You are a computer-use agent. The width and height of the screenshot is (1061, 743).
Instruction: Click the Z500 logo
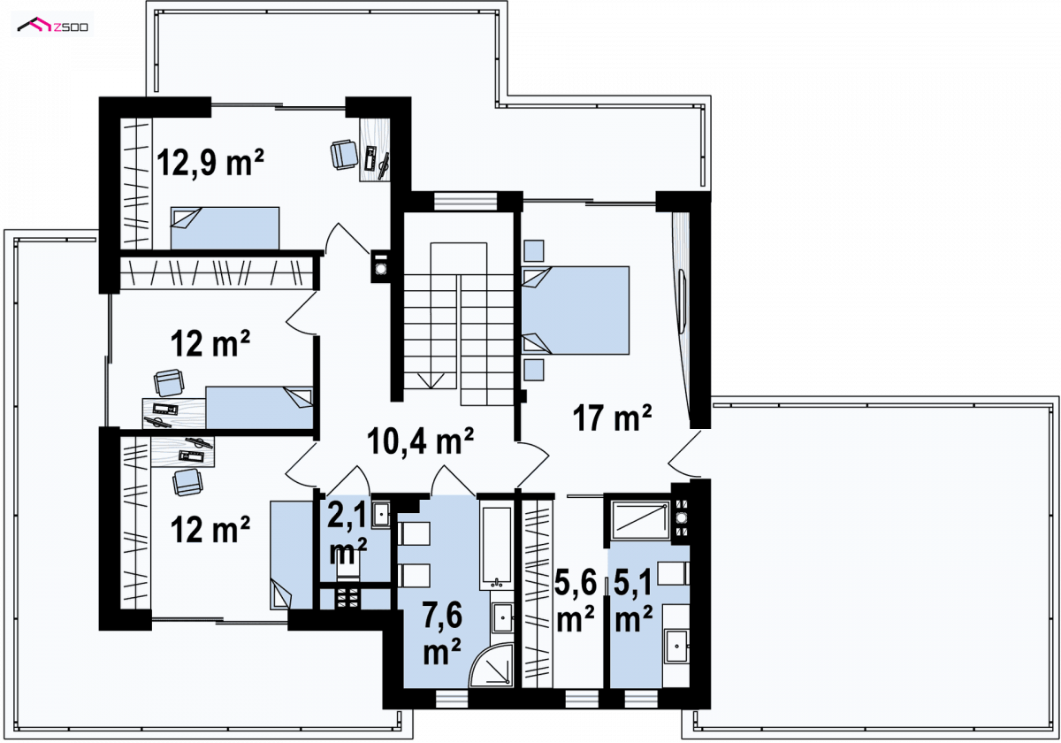click(52, 25)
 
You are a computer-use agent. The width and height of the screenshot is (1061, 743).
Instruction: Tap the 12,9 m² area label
click(210, 163)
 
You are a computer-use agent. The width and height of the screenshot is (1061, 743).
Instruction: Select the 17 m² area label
click(612, 417)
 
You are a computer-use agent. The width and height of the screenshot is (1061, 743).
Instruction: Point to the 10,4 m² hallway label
click(420, 440)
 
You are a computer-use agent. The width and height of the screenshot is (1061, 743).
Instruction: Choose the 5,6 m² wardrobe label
click(576, 601)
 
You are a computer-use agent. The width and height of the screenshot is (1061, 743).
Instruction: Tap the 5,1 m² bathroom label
click(634, 601)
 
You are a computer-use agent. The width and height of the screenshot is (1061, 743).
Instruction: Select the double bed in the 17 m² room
click(576, 310)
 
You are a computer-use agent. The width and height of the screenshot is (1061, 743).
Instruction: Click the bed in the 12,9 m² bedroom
click(225, 228)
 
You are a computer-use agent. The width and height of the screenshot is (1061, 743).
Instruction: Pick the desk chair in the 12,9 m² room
click(344, 154)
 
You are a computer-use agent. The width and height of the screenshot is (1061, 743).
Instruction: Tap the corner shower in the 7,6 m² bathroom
click(492, 665)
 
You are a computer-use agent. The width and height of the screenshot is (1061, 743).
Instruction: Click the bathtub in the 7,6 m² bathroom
click(496, 545)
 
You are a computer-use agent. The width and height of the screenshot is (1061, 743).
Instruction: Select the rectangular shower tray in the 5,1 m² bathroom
click(640, 521)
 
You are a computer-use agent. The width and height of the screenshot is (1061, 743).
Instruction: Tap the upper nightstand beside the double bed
click(534, 250)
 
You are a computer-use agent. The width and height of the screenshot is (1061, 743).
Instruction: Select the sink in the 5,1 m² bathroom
click(677, 646)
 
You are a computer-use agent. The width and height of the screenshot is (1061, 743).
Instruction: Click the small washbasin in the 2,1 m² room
click(380, 514)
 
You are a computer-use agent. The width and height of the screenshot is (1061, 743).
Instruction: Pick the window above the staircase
click(465, 201)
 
